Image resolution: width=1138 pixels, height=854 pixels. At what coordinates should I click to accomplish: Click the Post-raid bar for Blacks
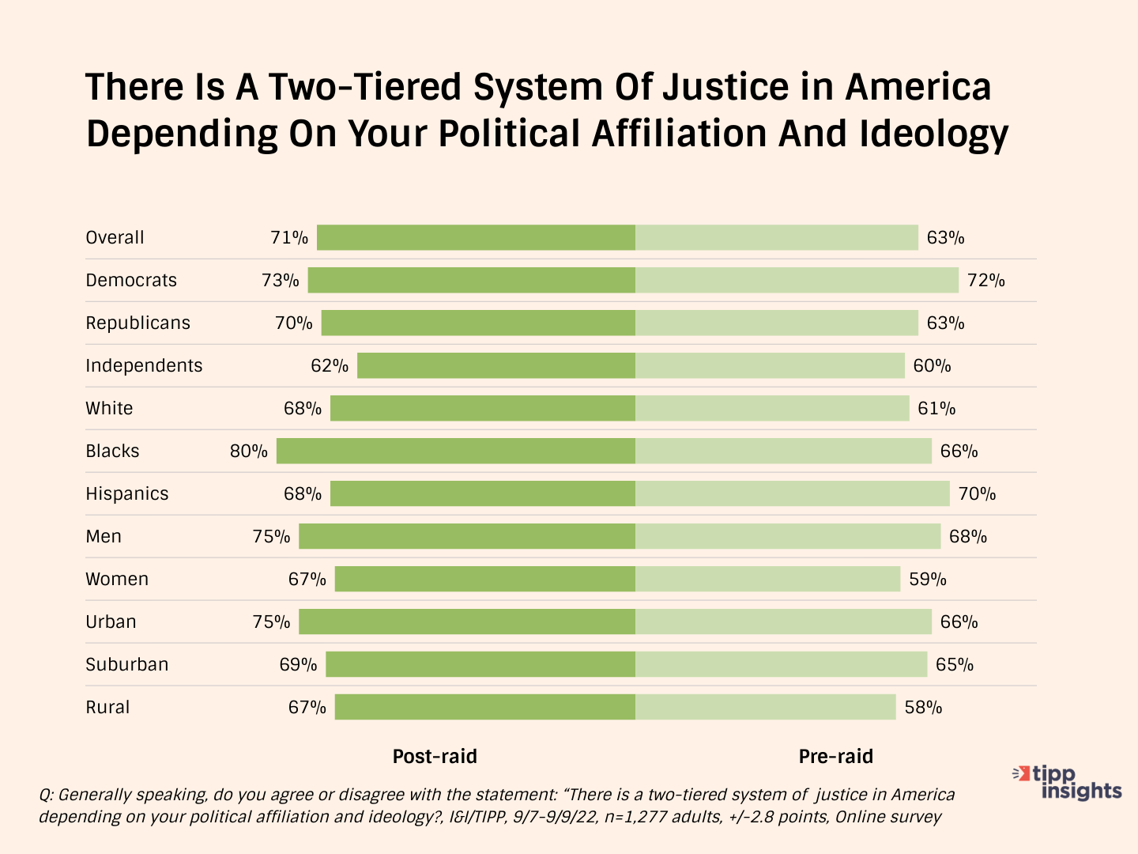[456, 451]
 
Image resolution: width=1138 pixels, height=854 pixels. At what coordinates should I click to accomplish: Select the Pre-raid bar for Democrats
[797, 280]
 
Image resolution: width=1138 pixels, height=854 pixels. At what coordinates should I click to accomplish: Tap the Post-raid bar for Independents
[496, 365]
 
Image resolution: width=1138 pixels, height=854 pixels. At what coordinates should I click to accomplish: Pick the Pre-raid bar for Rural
[765, 707]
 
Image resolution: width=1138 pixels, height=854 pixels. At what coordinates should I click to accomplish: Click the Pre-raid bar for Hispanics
[792, 493]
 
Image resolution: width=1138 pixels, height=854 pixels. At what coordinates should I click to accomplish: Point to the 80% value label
[249, 451]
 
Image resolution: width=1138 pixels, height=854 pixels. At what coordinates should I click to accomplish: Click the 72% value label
[986, 280]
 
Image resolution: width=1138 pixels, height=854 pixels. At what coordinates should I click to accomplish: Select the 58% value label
[923, 707]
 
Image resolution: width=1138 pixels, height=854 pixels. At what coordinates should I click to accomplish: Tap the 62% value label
[330, 365]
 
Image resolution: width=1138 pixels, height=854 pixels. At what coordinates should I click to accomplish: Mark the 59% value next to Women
[928, 579]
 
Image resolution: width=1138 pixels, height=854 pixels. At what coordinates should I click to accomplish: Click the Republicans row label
[138, 323]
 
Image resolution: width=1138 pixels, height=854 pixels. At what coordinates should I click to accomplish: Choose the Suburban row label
[126, 664]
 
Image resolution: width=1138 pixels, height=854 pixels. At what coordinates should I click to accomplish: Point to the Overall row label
[115, 237]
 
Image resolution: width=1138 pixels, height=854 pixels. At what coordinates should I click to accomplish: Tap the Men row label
[104, 536]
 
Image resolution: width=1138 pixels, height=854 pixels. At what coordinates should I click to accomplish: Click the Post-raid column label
[435, 757]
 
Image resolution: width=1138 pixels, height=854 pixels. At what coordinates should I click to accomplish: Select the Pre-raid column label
[835, 757]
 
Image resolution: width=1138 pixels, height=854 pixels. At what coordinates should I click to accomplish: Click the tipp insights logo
[1068, 782]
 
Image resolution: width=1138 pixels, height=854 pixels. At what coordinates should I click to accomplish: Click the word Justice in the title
[724, 87]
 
